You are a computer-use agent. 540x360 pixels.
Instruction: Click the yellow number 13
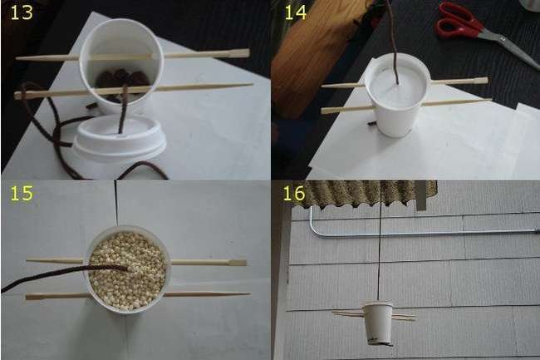click(22, 12)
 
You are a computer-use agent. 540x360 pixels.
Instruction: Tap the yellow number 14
click(296, 12)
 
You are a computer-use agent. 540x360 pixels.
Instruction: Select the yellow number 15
click(22, 193)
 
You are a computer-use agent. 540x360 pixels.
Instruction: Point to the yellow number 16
click(294, 193)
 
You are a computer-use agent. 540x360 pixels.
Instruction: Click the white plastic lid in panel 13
click(120, 137)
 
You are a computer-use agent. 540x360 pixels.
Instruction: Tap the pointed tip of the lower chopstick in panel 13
click(252, 84)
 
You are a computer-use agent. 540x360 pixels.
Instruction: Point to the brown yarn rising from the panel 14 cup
click(394, 42)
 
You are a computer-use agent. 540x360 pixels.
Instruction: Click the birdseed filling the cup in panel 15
click(127, 271)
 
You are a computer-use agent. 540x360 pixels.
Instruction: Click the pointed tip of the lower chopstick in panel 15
click(248, 293)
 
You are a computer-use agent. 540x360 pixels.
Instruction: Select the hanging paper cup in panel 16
click(378, 323)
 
